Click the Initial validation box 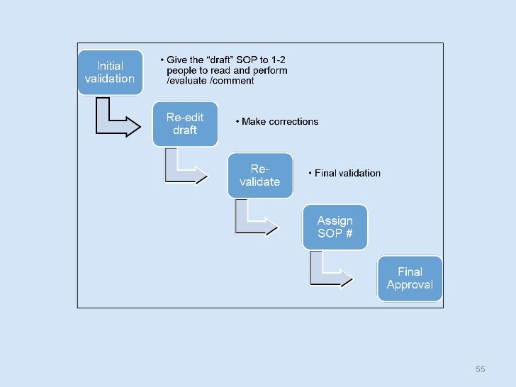[x=109, y=72]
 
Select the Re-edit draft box [x=185, y=124]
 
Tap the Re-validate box [x=259, y=175]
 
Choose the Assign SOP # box [x=335, y=227]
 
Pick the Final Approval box [x=410, y=278]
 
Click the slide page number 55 [x=480, y=369]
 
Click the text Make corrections [x=280, y=121]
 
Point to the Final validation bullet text [x=347, y=173]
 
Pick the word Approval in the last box [x=410, y=285]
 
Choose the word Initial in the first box [x=109, y=65]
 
